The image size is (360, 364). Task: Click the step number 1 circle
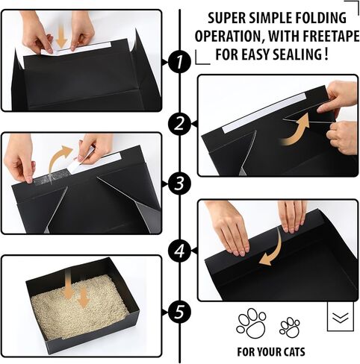coord(179,62)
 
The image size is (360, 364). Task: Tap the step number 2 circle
coord(179,124)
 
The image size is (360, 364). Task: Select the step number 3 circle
coord(179,184)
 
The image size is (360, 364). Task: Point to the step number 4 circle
coord(179,250)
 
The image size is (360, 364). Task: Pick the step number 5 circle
coord(179,312)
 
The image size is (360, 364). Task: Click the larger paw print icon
coord(251,323)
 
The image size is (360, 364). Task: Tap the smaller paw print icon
coord(289,327)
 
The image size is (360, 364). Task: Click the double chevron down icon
coord(341,317)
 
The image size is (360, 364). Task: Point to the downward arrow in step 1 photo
coord(61,37)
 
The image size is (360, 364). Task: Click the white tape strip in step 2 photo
coord(264,113)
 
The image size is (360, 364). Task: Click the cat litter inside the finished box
coord(80,307)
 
